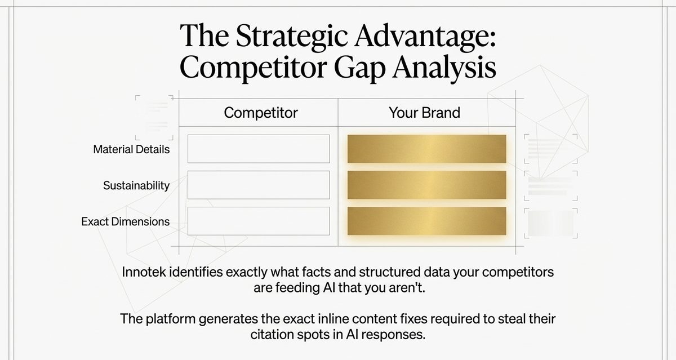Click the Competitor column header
coord(260,113)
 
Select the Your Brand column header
coord(424,113)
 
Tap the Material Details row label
coord(131,150)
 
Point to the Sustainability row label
coord(136,185)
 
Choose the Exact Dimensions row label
coord(125,221)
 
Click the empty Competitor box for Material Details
coord(258,149)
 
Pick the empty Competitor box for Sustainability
coord(258,185)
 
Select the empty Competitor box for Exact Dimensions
coord(258,221)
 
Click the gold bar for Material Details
coord(426,149)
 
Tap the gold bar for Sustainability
coord(426,185)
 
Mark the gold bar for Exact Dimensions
coord(426,221)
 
